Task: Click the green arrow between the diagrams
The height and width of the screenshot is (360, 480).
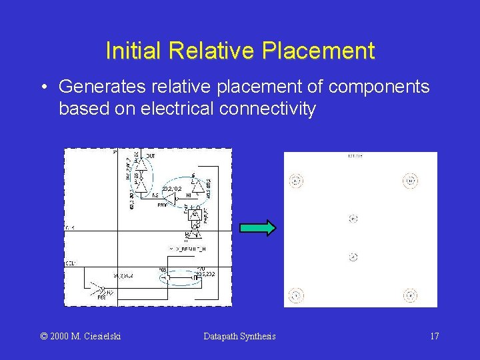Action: (257, 228)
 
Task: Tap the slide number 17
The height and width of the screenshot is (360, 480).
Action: (434, 336)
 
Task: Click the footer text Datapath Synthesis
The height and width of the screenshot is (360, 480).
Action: (239, 336)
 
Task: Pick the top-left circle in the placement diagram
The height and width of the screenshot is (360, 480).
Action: (296, 180)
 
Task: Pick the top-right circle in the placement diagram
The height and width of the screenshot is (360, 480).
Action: (411, 180)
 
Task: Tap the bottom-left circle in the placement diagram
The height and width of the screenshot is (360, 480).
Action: (296, 295)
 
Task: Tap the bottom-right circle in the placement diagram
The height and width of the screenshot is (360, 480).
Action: (411, 295)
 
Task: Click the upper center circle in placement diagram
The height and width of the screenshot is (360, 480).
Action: (353, 219)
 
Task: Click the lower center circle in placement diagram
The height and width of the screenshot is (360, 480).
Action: (353, 257)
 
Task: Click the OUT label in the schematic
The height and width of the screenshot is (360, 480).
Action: (151, 156)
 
